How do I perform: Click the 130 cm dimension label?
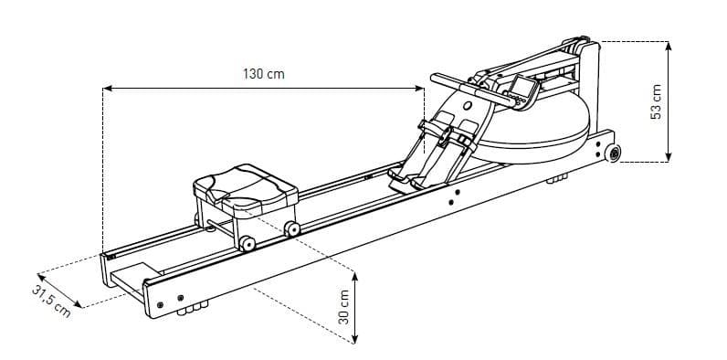(263, 74)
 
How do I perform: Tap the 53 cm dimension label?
(656, 102)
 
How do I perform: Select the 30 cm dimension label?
(344, 307)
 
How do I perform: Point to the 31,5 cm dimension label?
(51, 302)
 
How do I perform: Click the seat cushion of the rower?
(246, 189)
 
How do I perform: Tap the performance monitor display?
(523, 92)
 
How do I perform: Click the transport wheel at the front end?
(613, 154)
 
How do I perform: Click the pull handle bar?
(472, 89)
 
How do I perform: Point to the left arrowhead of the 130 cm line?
(107, 88)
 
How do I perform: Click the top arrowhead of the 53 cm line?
(669, 46)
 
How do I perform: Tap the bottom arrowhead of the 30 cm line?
(354, 339)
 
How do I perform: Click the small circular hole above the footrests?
(468, 106)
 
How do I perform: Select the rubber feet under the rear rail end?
(193, 308)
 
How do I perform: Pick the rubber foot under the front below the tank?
(557, 178)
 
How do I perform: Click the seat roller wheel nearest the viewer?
(247, 244)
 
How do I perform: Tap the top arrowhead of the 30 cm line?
(354, 277)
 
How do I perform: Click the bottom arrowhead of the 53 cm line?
(669, 157)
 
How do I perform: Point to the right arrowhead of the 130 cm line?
(419, 88)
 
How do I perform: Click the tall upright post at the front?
(590, 86)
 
